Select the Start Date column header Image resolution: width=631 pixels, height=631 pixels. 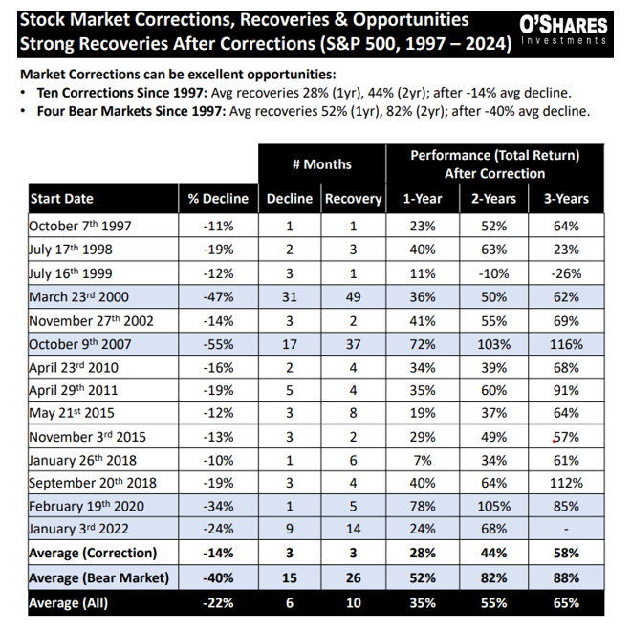point(62,199)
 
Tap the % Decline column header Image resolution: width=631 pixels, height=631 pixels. point(217,199)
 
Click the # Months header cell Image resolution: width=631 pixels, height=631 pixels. point(321,164)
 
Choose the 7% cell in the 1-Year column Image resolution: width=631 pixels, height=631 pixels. point(422,457)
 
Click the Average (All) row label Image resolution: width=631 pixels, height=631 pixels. point(68,603)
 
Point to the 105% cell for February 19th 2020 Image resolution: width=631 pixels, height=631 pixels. point(494,504)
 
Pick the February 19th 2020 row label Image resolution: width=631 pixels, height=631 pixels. point(83,504)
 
